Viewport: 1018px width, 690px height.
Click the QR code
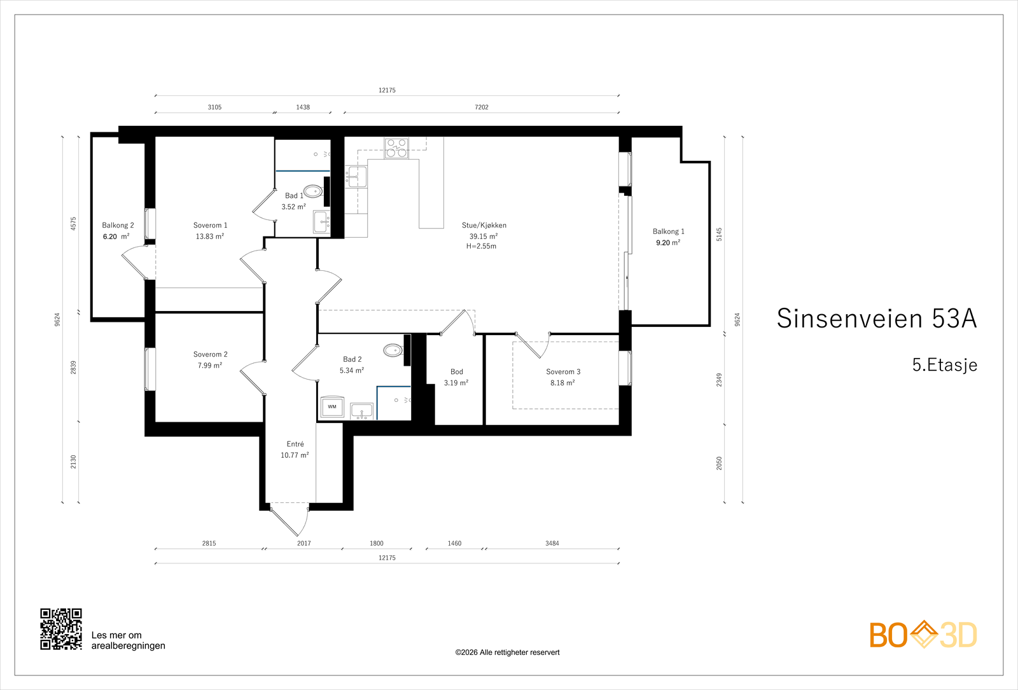[61, 629]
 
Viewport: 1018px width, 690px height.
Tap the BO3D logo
[923, 634]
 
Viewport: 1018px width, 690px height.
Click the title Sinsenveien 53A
[877, 318]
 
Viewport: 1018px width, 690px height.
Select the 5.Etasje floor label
[944, 365]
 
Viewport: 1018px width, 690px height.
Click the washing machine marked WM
[332, 407]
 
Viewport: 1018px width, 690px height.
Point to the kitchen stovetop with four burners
[396, 148]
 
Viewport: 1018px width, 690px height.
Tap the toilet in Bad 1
[313, 191]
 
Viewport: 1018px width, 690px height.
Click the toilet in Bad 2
[393, 350]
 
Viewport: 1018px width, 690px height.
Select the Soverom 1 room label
[210, 225]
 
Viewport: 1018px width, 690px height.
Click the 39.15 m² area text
[484, 236]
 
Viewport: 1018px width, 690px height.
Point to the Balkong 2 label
[118, 225]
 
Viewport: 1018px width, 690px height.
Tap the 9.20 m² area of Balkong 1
[668, 242]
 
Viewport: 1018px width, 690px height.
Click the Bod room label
[457, 371]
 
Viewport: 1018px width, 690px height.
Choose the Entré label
[295, 444]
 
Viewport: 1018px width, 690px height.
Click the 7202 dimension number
[482, 107]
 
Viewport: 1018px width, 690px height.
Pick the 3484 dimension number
[552, 543]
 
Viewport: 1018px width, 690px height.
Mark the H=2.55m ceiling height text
[481, 246]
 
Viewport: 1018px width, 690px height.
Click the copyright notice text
[507, 652]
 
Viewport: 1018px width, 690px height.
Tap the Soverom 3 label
[563, 371]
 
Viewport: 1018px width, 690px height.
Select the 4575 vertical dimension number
[74, 223]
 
